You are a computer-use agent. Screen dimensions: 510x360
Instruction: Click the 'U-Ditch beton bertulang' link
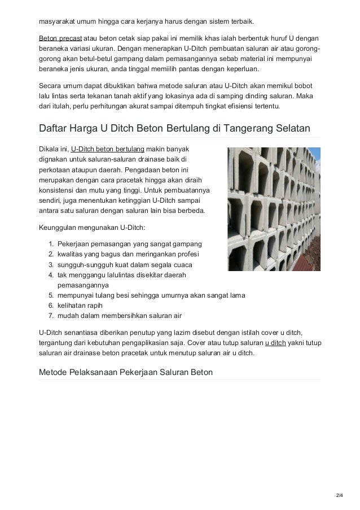108,149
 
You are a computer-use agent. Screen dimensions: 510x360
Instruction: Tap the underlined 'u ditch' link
275,343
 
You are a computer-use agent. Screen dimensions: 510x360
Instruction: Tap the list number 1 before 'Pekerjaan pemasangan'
51,244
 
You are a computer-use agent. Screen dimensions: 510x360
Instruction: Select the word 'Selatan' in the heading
291,128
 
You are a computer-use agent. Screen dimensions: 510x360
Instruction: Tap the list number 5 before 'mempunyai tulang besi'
51,295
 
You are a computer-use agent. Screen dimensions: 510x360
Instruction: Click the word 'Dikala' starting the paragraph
48,149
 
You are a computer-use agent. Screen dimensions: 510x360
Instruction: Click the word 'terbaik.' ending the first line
242,22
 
